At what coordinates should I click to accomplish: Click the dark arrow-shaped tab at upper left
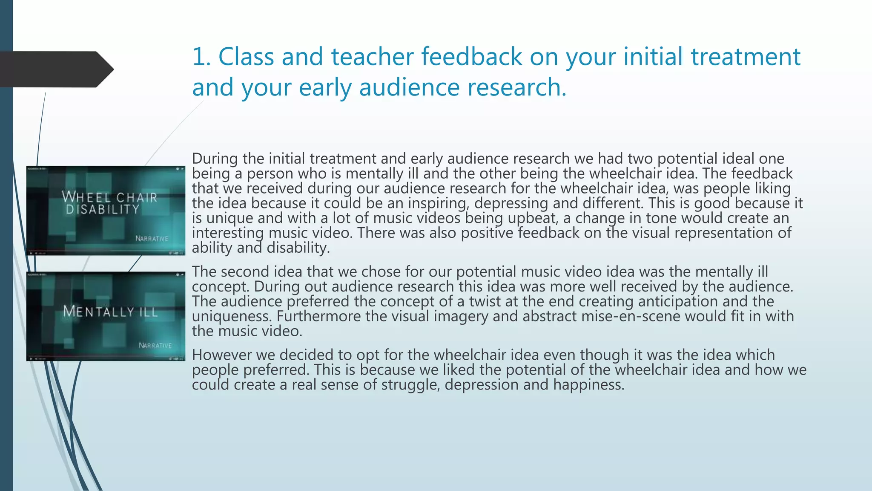[x=55, y=69]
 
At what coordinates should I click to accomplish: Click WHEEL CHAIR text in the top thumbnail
[x=110, y=197]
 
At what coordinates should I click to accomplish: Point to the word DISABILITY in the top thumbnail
[x=103, y=209]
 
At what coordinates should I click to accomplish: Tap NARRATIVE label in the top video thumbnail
[x=152, y=239]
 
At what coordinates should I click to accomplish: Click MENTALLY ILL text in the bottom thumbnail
[x=110, y=312]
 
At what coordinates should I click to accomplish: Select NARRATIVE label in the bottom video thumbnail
[x=155, y=345]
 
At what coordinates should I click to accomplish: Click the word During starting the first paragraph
[x=215, y=159]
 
